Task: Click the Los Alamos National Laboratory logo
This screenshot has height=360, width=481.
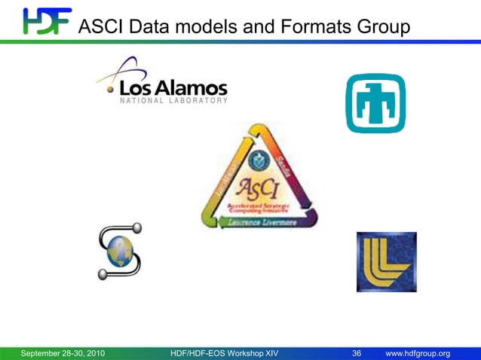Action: (x=161, y=81)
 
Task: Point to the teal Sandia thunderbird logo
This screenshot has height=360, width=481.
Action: (x=375, y=103)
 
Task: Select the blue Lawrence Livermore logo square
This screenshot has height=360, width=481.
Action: (x=386, y=261)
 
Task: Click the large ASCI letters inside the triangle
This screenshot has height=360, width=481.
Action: (x=259, y=187)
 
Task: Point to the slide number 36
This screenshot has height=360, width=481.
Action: (x=357, y=354)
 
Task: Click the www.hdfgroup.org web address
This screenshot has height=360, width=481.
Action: (x=418, y=354)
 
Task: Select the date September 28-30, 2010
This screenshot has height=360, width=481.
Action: (x=63, y=354)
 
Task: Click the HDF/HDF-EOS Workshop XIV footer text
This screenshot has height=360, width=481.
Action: (x=225, y=354)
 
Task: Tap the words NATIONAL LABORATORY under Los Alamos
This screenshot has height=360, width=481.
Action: (x=173, y=100)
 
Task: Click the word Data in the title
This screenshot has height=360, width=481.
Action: (x=147, y=27)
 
